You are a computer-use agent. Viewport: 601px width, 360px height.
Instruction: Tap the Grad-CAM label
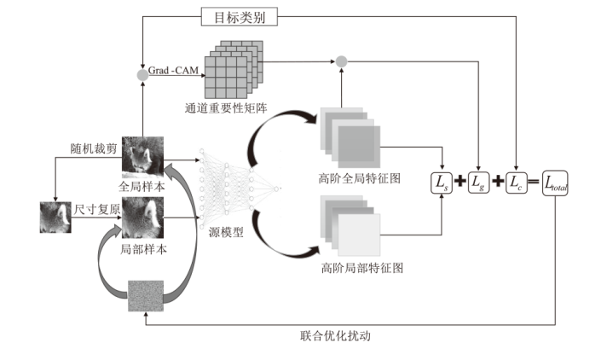click(x=172, y=73)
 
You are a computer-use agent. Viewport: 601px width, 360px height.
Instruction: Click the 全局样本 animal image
click(x=142, y=154)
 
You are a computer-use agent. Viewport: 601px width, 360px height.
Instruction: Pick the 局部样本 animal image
click(x=142, y=218)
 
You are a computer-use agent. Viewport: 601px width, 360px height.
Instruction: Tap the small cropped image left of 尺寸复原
click(x=55, y=218)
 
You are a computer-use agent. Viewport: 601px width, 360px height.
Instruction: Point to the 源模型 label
click(x=226, y=232)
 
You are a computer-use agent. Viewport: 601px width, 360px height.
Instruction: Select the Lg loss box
click(x=482, y=182)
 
